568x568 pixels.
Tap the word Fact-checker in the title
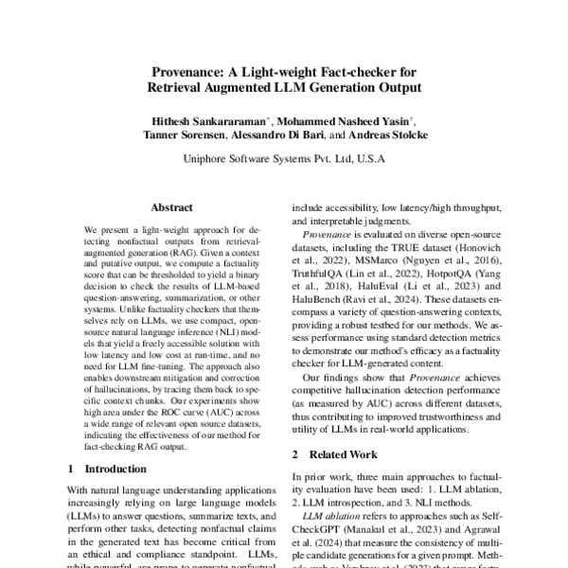pyautogui.click(x=371, y=72)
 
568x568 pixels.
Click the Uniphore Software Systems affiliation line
pyautogui.click(x=284, y=161)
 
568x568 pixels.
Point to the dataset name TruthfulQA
pyautogui.click(x=318, y=269)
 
